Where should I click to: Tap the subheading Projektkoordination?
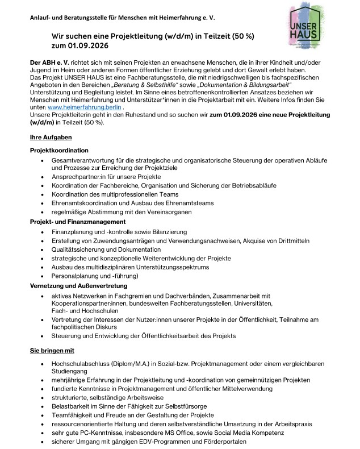(x=59, y=150)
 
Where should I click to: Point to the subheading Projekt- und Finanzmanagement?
(x=77, y=221)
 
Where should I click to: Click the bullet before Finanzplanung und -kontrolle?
(x=43, y=232)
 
